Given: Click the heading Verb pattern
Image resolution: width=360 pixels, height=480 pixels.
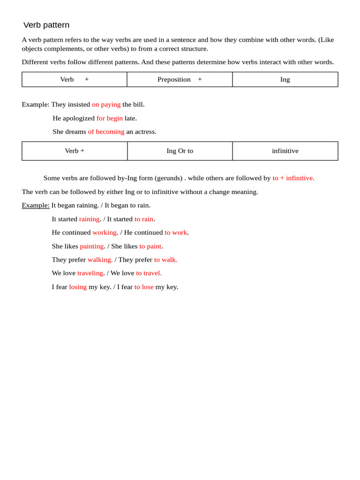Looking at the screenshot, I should click(46, 25).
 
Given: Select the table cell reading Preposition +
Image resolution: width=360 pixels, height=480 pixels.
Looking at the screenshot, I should click(180, 80).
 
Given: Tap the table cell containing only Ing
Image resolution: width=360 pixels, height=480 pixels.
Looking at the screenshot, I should click(285, 80).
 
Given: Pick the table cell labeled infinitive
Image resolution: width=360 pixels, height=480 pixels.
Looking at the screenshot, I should click(285, 151).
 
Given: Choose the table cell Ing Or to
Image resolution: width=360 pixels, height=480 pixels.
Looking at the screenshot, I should click(180, 151).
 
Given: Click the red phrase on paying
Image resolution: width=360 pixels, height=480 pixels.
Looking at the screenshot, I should click(106, 105).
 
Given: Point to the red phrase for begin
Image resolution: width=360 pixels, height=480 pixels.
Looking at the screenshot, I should click(110, 118).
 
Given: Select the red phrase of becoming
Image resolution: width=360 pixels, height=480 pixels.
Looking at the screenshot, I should click(106, 132).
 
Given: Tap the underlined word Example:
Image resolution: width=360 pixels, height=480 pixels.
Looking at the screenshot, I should click(36, 205).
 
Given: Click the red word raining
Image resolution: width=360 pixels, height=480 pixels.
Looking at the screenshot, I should click(89, 219).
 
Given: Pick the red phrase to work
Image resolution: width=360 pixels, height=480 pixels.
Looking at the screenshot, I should click(176, 232).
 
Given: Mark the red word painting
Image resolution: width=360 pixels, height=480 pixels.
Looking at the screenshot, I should click(91, 246).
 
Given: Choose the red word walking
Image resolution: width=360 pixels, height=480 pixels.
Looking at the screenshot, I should click(100, 260).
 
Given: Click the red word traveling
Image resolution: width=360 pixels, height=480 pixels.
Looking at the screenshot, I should click(90, 273).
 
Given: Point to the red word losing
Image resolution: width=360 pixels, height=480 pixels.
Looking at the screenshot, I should click(78, 287).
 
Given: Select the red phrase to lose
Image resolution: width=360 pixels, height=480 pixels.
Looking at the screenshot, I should click(144, 287).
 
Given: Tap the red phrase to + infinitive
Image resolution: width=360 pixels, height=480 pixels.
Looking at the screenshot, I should click(293, 178).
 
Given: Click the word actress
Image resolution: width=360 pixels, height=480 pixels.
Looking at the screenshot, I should click(145, 132).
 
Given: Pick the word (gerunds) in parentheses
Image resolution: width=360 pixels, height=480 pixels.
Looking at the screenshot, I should click(168, 178).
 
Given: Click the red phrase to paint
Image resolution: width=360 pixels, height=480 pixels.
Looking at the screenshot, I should click(150, 246).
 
